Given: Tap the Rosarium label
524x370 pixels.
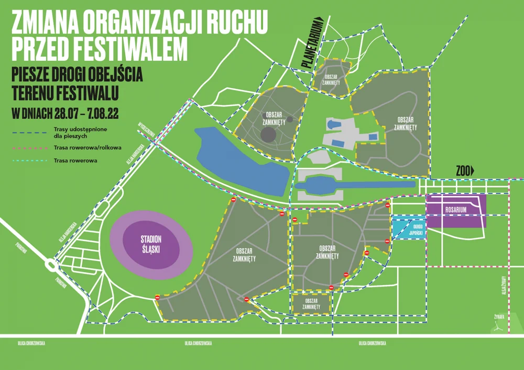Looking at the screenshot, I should pyautogui.click(x=456, y=209).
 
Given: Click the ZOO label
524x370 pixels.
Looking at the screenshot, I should pyautogui.click(x=462, y=170).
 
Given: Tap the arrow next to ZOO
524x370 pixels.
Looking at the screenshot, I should pyautogui.click(x=473, y=170).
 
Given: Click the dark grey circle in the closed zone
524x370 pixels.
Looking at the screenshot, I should pyautogui.click(x=269, y=135).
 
